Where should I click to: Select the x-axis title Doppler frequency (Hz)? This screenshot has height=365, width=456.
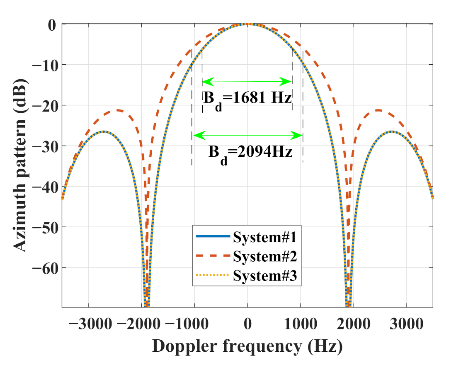coord(247,346)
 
